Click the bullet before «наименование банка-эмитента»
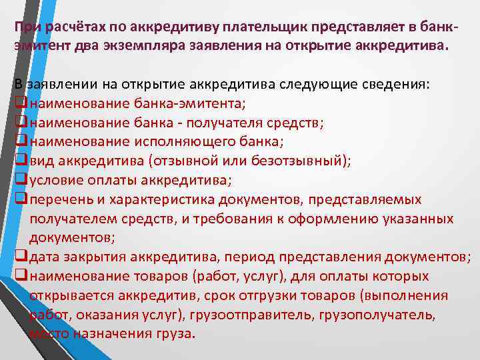pyautogui.click(x=20, y=104)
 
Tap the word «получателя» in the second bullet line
pyautogui.click(x=215, y=123)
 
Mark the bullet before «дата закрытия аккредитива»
pyautogui.click(x=20, y=257)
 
